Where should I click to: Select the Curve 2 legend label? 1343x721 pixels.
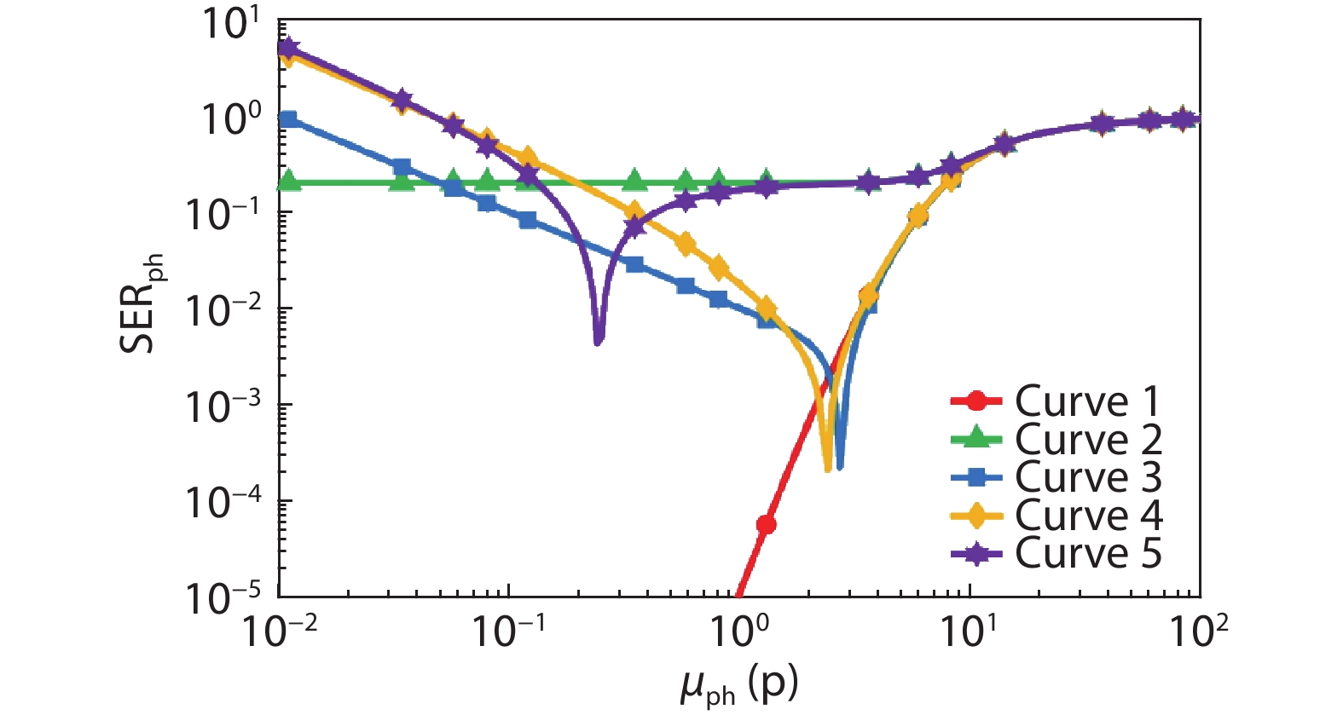[1088, 440]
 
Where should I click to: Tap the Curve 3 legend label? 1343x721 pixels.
[1088, 477]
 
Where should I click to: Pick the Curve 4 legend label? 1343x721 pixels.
[1088, 516]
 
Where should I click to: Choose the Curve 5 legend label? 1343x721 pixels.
[1088, 553]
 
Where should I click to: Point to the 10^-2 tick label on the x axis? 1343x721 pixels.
[279, 632]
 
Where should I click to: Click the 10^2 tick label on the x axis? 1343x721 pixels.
[1198, 632]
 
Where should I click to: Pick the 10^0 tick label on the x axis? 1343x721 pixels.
[738, 632]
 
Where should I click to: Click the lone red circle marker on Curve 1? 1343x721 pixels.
[766, 524]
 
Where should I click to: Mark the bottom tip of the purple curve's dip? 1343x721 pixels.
[599, 342]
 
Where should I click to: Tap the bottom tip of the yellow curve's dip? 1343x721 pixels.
[827, 469]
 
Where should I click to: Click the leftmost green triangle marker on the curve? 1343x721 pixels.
[289, 182]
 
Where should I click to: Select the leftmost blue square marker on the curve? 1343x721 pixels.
[289, 119]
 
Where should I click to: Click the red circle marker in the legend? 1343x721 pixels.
[975, 401]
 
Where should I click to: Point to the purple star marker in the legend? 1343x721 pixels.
[975, 554]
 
